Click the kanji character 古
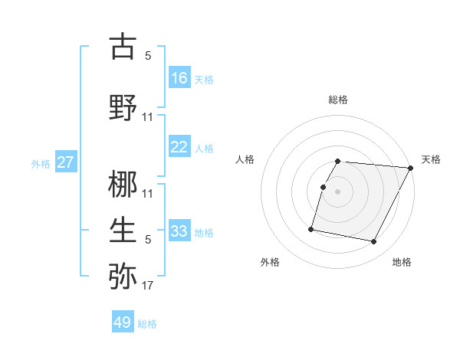click(123, 47)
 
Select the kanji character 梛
click(123, 186)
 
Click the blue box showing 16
click(179, 77)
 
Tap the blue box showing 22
click(179, 147)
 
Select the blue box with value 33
click(179, 231)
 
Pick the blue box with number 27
click(65, 162)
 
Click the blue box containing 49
click(122, 322)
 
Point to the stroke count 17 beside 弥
click(147, 286)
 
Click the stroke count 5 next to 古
click(148, 56)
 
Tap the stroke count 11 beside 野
click(148, 116)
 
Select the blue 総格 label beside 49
click(147, 324)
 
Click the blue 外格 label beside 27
click(41, 164)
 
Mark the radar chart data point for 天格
click(410, 168)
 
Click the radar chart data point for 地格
click(374, 242)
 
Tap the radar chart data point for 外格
click(311, 228)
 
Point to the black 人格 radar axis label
click(245, 159)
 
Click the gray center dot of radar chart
click(337, 191)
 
